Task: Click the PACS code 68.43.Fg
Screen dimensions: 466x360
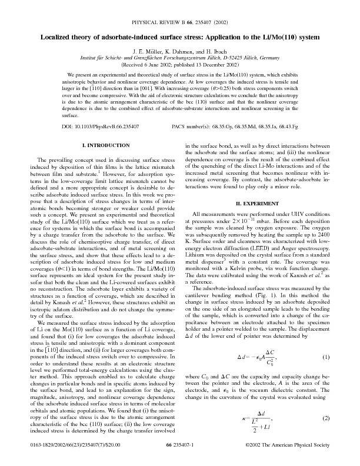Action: tap(286, 127)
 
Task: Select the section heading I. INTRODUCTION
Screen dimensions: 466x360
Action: tap(105, 145)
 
